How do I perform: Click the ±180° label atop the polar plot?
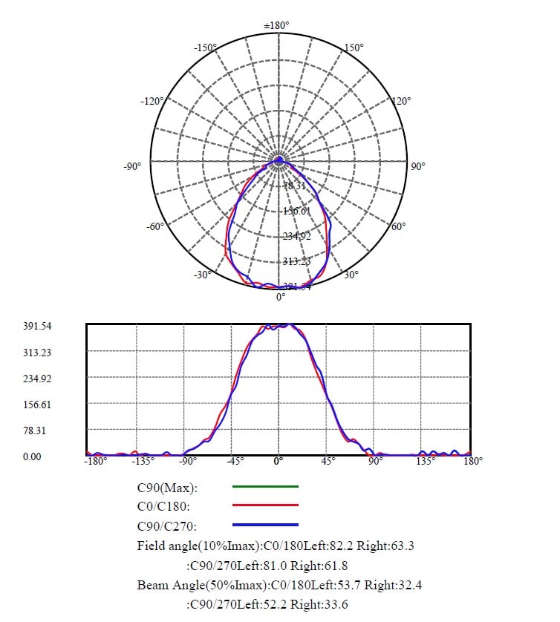coord(277,26)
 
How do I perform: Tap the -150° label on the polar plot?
coord(205,48)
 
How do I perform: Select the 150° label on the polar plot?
coord(354,48)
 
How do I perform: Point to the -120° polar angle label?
coord(152,101)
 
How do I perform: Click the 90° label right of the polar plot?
coord(418,166)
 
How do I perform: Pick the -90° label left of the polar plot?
coord(132,166)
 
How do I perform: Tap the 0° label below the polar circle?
coord(281,297)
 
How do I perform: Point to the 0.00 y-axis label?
coord(32,456)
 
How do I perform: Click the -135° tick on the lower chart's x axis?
coord(143,461)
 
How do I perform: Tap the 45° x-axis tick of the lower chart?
coord(328,461)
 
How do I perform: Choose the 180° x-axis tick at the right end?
coord(473,461)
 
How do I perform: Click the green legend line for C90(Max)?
coord(265,487)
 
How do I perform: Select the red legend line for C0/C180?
coord(265,505)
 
